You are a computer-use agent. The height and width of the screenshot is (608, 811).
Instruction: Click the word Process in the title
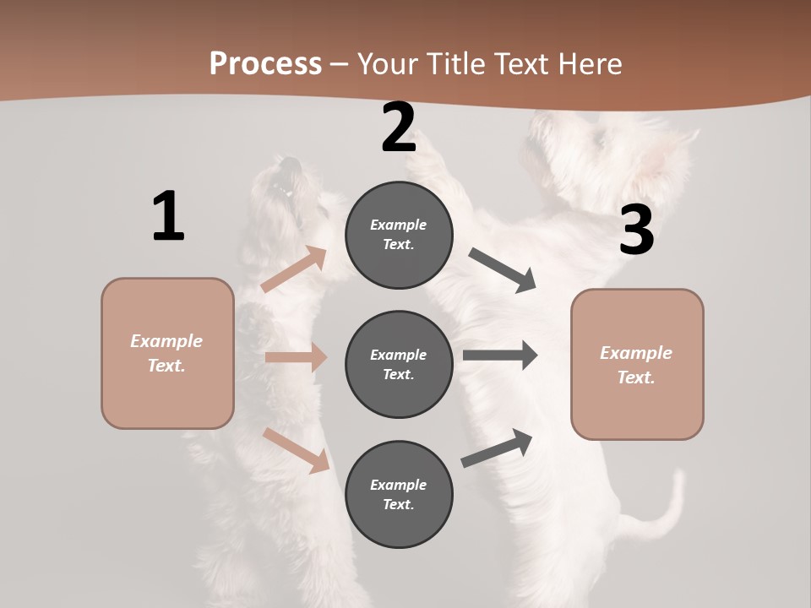click(x=265, y=63)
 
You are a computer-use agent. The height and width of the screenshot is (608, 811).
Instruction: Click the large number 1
click(x=168, y=216)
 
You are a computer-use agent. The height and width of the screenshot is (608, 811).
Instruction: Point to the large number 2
click(x=399, y=128)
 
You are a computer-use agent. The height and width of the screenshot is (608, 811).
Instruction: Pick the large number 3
click(x=637, y=230)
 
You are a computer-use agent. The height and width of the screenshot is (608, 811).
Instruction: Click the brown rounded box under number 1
click(x=167, y=353)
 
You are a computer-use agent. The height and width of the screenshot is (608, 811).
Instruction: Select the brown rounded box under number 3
click(x=637, y=365)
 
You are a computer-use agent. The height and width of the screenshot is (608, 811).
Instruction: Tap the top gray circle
click(x=399, y=235)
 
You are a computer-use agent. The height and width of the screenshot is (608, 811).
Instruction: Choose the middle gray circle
click(x=399, y=365)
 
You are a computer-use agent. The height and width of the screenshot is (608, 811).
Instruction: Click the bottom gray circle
click(x=399, y=495)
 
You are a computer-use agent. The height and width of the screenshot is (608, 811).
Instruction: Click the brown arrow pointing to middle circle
click(x=296, y=357)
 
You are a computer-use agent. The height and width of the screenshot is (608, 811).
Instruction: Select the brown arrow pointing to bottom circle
click(x=296, y=450)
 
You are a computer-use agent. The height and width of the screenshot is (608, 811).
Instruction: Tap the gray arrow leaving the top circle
click(x=503, y=269)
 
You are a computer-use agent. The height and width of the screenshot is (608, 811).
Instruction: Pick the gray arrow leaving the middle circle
click(x=500, y=356)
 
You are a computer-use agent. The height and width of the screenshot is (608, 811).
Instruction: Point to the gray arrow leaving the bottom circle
click(x=498, y=448)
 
